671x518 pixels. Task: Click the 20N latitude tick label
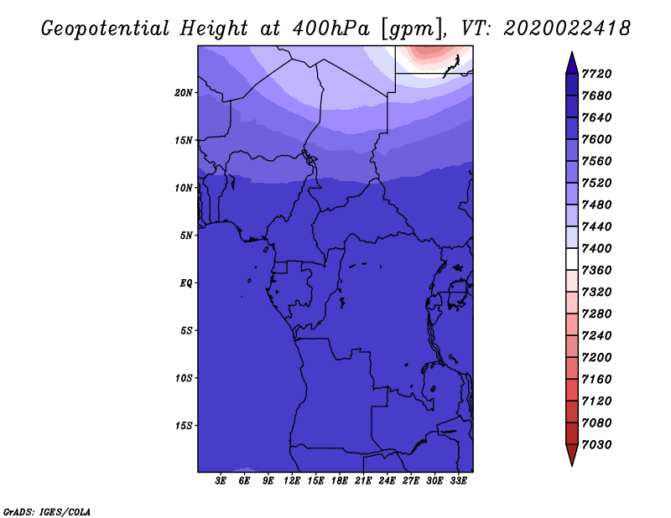coord(184,93)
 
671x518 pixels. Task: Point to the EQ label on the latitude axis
coord(185,283)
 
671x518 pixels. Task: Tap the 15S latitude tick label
coord(184,426)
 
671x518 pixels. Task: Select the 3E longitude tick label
coord(221,481)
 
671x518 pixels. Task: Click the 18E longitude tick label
coord(340,481)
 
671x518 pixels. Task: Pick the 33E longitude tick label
coord(458,481)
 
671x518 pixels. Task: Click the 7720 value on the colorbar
coord(596,74)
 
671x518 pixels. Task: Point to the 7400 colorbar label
coord(596,248)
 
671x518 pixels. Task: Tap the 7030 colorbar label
coord(596,445)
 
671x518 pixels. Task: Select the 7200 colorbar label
coord(596,358)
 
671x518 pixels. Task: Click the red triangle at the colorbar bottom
coord(572,453)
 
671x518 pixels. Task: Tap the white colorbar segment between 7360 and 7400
coord(572,259)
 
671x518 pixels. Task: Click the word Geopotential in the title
coord(106,28)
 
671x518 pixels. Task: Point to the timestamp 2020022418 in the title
coord(567,28)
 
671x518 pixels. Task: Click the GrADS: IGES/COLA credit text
coord(47,511)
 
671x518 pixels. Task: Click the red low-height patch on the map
coord(431,54)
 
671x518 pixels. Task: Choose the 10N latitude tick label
coord(184,189)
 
